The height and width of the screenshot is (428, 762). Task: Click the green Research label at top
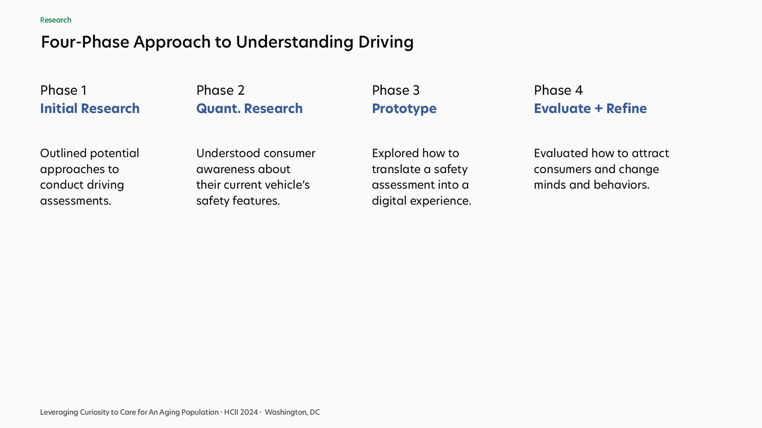click(56, 20)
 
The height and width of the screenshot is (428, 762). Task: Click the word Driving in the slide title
click(386, 42)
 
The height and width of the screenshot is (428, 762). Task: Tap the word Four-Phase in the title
click(85, 42)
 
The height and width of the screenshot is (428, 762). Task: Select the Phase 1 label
click(63, 90)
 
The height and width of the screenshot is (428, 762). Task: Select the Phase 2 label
click(220, 90)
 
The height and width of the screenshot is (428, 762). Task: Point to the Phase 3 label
click(396, 90)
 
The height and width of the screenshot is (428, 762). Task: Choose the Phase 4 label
click(558, 90)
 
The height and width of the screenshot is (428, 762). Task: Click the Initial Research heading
click(90, 109)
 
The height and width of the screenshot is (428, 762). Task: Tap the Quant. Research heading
click(249, 109)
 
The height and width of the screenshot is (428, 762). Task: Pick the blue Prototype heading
click(404, 109)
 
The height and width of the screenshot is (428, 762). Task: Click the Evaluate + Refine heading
click(590, 109)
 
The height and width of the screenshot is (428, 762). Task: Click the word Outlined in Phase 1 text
click(63, 153)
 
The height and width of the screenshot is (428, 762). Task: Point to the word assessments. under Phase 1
click(75, 201)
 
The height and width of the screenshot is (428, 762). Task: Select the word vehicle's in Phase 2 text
click(287, 185)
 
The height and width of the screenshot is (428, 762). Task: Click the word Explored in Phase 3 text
click(395, 154)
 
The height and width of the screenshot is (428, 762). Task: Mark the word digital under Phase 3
click(389, 201)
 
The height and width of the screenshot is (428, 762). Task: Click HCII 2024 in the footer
click(241, 412)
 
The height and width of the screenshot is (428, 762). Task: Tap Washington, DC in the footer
click(292, 412)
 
